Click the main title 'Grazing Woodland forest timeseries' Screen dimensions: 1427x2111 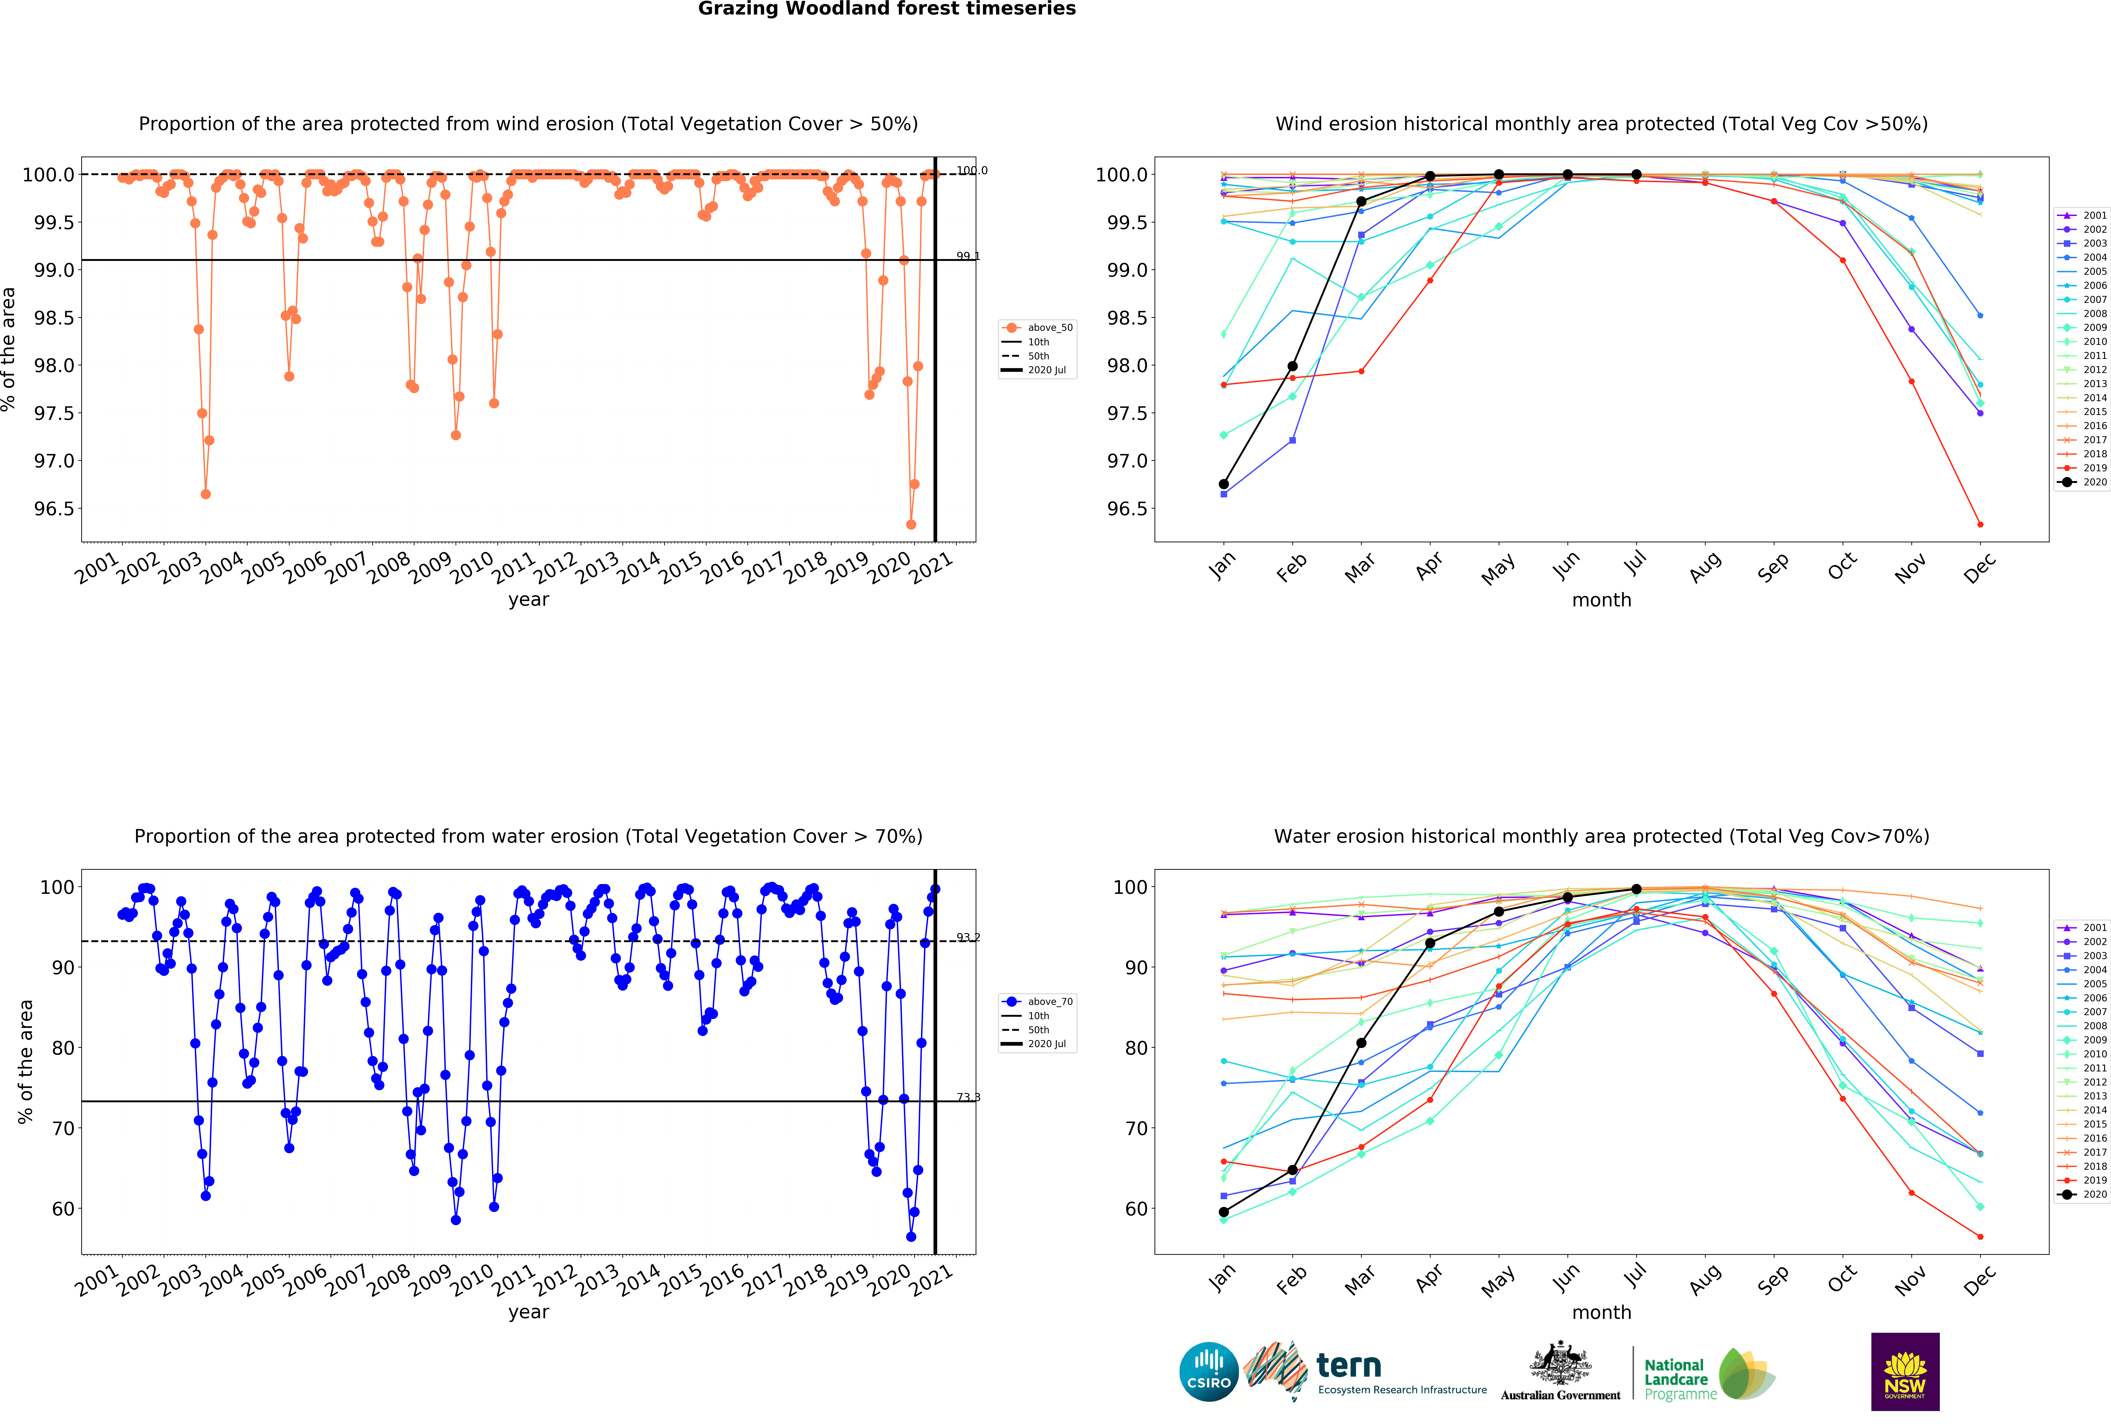coord(887,9)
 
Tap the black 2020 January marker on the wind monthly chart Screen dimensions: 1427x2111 coord(1224,484)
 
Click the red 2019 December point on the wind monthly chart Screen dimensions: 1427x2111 coord(1980,525)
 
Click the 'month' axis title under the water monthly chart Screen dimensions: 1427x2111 coord(1601,1313)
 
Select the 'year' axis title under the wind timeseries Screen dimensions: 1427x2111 coord(529,599)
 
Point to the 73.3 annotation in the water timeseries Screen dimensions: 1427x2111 coord(968,1097)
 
